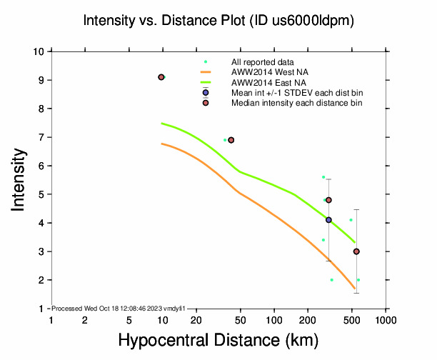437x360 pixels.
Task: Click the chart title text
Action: coord(218,21)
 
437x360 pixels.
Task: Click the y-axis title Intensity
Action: coord(21,180)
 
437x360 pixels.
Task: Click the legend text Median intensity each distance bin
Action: coord(296,103)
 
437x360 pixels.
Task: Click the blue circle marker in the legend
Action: coord(206,93)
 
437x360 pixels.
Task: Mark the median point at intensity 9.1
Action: coord(161,77)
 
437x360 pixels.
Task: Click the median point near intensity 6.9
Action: coord(231,140)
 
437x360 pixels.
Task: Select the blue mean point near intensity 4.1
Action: coord(328,220)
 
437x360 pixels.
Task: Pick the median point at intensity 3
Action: coord(356,251)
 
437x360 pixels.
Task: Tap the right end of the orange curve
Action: coord(355,289)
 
